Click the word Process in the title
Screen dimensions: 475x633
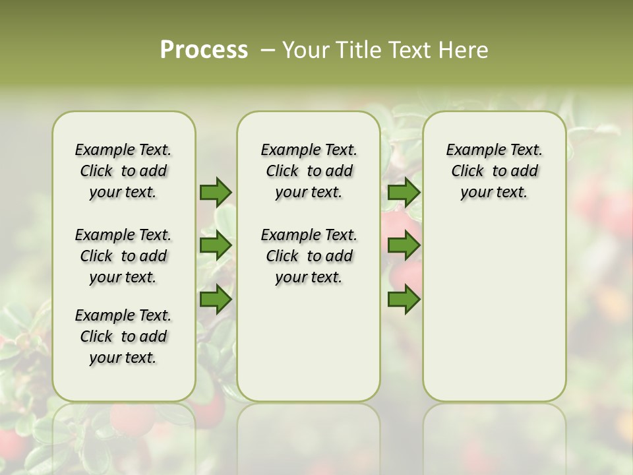click(204, 50)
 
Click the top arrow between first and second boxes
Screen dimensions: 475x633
click(216, 192)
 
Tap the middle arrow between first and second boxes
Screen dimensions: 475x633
click(216, 246)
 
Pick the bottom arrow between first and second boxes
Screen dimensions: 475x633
click(216, 300)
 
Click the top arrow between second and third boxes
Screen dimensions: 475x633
click(404, 192)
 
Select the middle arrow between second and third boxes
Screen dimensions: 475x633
click(404, 246)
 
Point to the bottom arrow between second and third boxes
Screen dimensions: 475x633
click(404, 300)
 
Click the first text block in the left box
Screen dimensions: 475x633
click(123, 171)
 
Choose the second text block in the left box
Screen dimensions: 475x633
click(123, 256)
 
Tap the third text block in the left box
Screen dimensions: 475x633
click(123, 336)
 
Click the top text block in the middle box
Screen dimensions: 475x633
click(309, 171)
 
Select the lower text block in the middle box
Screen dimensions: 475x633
click(309, 256)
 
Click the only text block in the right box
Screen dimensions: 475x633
click(494, 171)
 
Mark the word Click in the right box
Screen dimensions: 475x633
click(467, 172)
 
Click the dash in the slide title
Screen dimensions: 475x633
click(268, 50)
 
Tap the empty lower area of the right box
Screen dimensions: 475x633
click(494, 310)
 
